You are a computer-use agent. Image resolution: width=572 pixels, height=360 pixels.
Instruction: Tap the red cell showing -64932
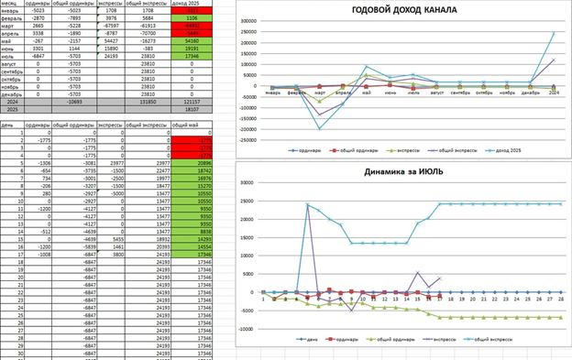click(x=192, y=26)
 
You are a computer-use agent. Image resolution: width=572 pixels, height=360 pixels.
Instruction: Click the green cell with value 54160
click(x=192, y=41)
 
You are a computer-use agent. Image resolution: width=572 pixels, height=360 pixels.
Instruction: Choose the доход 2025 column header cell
click(x=192, y=4)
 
